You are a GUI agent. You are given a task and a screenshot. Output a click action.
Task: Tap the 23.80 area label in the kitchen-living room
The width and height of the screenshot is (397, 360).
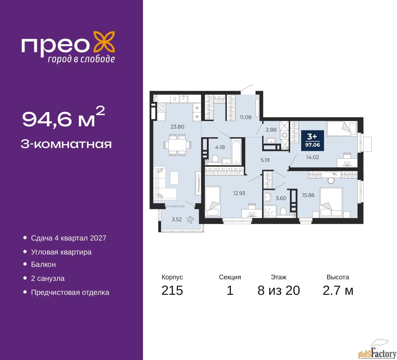coord(177,127)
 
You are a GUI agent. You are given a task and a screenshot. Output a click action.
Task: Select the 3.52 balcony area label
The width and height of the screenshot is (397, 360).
coord(176,219)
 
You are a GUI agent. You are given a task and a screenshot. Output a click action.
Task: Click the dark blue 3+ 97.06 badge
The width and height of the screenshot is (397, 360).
coord(312,140)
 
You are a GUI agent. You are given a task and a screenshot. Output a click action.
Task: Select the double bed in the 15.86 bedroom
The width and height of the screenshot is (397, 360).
coord(331,202)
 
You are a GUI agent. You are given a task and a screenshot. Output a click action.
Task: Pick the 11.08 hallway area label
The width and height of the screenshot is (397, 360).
coord(245,117)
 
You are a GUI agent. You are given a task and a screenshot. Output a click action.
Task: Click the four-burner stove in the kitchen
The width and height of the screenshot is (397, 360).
coord(162,108)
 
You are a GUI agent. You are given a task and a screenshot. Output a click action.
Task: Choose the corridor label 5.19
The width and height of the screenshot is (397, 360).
coord(265,160)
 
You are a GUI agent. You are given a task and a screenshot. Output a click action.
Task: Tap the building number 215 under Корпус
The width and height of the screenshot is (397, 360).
coord(172,290)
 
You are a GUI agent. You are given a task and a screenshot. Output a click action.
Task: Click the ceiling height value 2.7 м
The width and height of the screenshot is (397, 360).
coord(338,290)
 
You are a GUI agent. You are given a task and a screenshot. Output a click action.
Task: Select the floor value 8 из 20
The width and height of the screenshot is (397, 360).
coord(279,290)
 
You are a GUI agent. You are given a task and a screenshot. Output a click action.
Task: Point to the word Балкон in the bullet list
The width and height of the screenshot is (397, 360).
coord(43,264)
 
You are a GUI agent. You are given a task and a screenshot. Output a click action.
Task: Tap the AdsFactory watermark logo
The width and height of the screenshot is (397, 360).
coord(377,351)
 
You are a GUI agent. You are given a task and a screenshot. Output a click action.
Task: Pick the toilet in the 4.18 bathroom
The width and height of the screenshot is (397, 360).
coord(215,159)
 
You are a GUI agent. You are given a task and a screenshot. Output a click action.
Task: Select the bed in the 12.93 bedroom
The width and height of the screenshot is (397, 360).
coord(213,201)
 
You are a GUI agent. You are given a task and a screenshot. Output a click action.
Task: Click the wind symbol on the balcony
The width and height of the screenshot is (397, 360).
coord(190,220)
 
